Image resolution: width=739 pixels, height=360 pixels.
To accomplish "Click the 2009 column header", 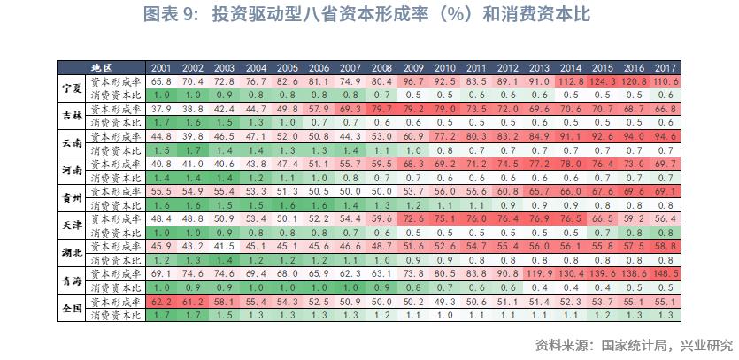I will click(x=413, y=67).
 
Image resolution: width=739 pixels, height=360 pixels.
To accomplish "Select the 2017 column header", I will click(x=666, y=67).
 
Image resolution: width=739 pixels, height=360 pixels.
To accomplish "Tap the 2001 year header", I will click(x=161, y=67).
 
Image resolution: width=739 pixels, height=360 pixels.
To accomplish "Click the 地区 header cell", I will click(x=102, y=67).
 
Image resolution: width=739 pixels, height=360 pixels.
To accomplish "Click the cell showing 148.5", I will click(x=666, y=273).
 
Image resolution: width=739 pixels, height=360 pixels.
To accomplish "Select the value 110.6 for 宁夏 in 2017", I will click(x=666, y=80).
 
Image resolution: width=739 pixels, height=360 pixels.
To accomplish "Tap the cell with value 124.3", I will click(x=603, y=80).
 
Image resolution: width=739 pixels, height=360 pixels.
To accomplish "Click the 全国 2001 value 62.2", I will click(x=161, y=301).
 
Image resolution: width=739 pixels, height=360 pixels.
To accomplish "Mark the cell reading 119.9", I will click(x=540, y=273).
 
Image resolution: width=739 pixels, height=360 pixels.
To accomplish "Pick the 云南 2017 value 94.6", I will click(x=666, y=136).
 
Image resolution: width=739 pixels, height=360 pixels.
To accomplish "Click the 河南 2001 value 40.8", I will click(x=161, y=164).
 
